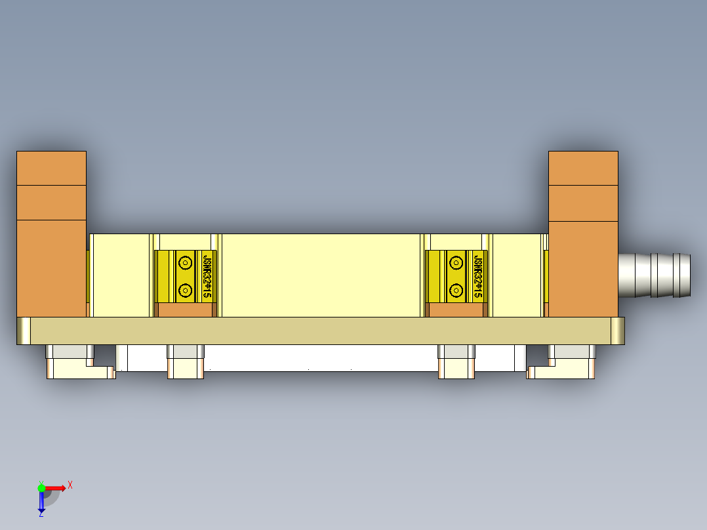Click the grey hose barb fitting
(655, 275)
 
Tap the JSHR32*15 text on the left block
(207, 276)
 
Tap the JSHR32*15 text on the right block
(478, 276)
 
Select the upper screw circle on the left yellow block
(185, 262)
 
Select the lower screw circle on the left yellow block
(185, 289)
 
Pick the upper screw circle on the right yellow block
(456, 262)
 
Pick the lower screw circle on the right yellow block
(456, 289)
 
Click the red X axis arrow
(56, 487)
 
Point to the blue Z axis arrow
(41, 502)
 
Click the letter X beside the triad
(70, 485)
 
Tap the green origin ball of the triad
(41, 487)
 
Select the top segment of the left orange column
(51, 168)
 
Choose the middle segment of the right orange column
(583, 203)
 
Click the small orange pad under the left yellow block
(187, 310)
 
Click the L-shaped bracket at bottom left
(79, 372)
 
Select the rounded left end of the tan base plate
(24, 331)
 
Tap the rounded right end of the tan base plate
(618, 331)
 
